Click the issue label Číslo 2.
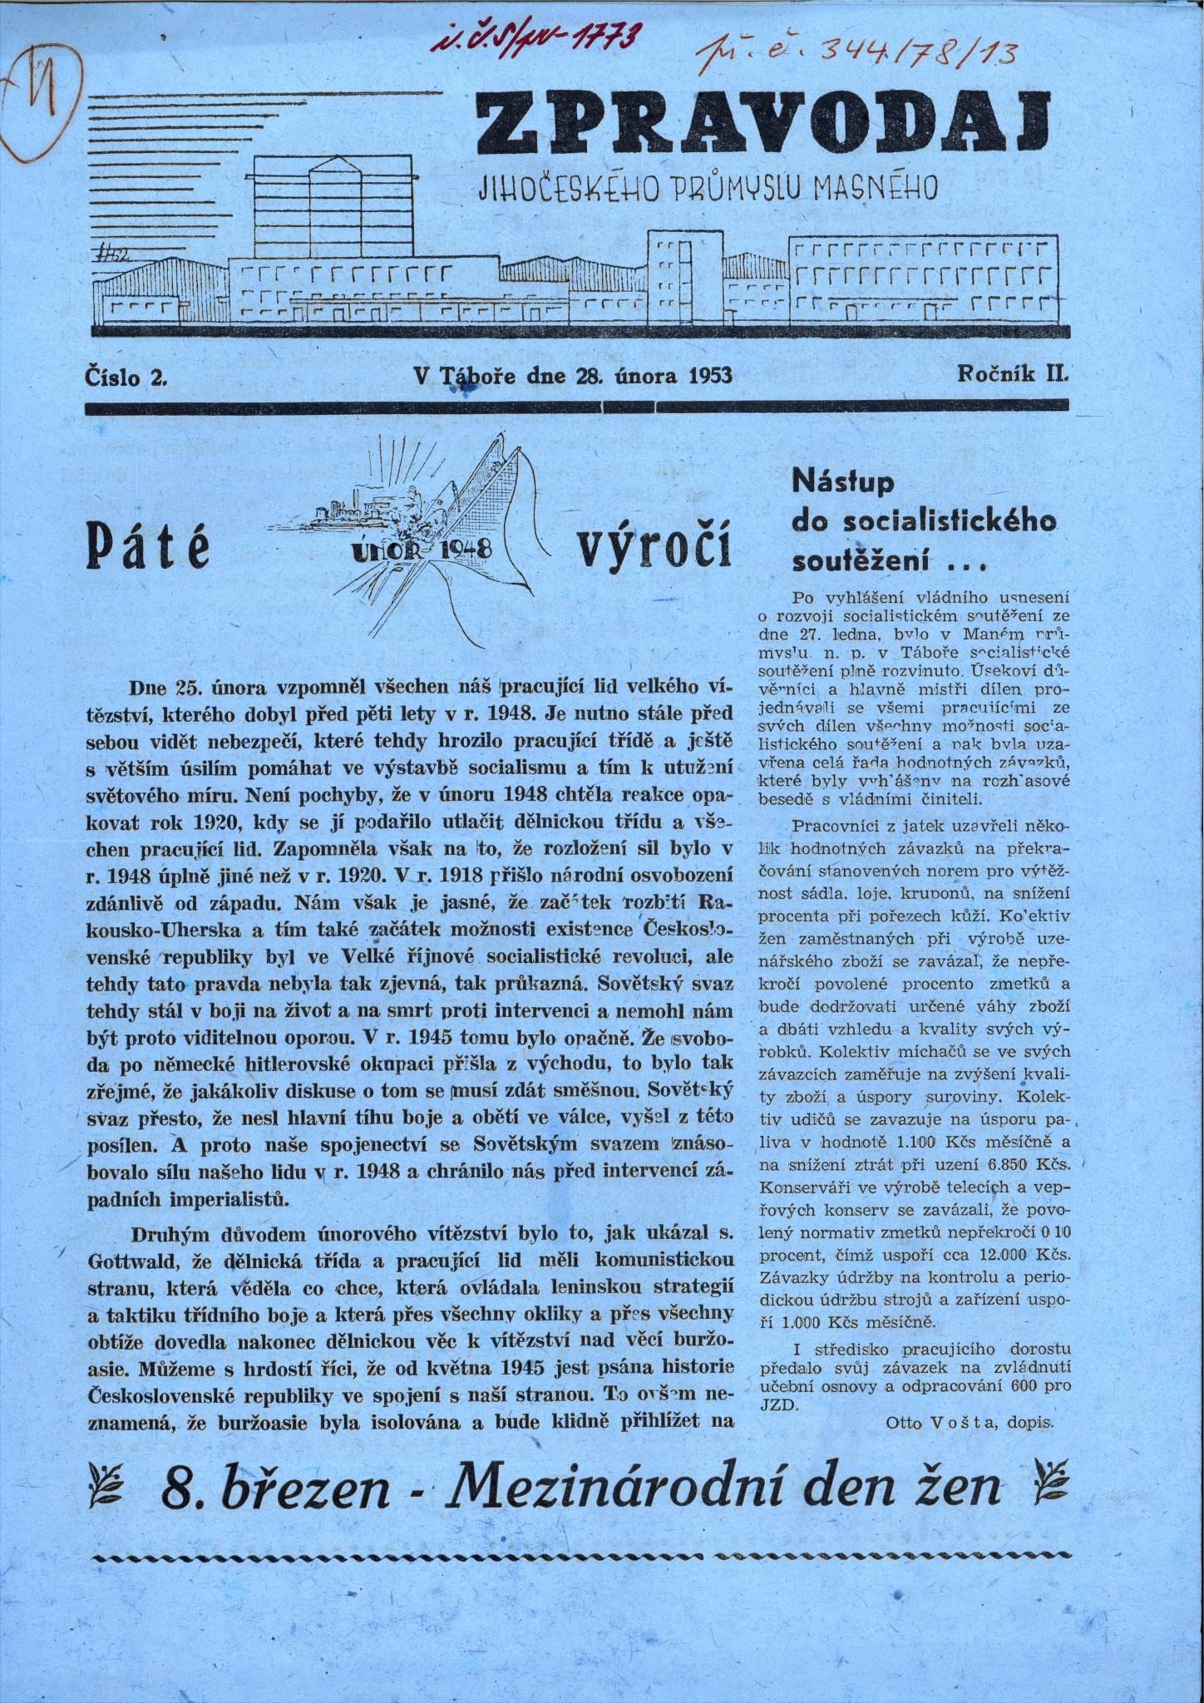coord(126,375)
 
